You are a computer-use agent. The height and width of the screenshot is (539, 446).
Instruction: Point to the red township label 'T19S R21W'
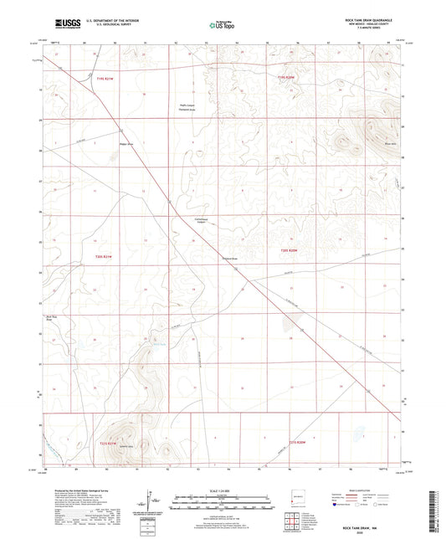pos(106,76)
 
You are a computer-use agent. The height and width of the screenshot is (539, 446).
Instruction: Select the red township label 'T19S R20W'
pos(287,76)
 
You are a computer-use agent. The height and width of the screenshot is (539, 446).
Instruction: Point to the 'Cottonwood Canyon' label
pos(194,223)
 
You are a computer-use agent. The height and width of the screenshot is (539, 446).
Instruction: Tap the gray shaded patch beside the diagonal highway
pos(289,323)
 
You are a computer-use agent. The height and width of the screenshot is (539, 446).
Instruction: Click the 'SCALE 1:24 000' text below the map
pos(223,489)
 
